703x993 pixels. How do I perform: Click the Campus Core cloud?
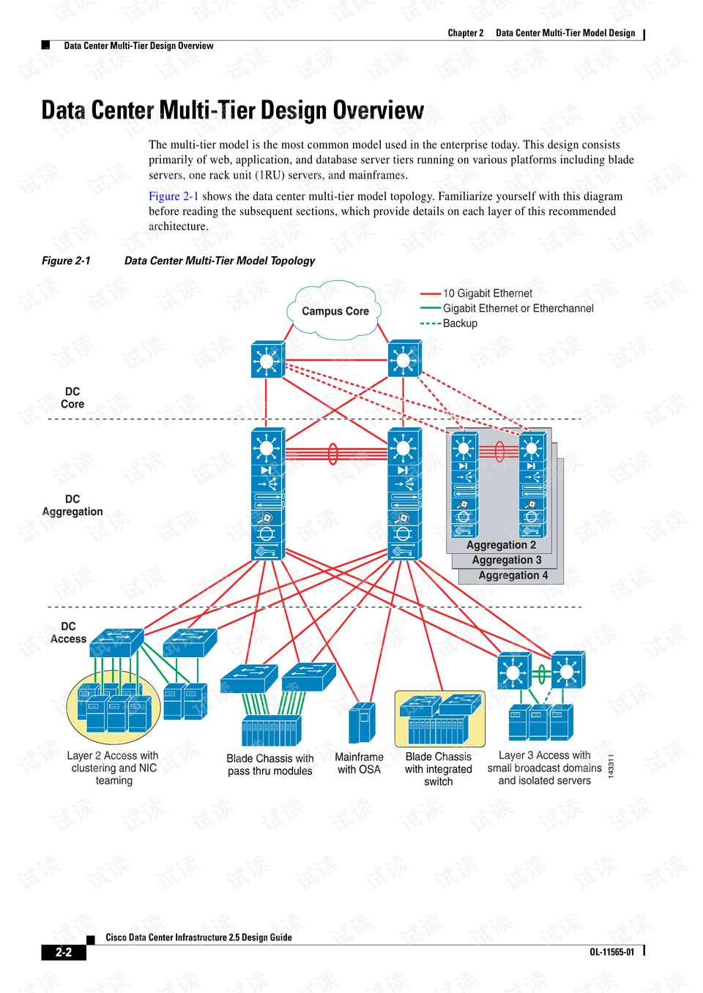click(x=335, y=310)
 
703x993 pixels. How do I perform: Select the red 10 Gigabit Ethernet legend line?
click(x=431, y=293)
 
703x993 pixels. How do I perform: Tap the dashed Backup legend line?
click(x=431, y=323)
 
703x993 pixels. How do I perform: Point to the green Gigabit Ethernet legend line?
click(x=431, y=309)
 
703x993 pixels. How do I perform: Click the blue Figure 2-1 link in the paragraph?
click(x=174, y=196)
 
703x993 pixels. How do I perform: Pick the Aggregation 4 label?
click(x=513, y=575)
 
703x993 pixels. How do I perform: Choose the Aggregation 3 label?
click(x=507, y=560)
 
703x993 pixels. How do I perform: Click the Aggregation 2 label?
click(x=501, y=545)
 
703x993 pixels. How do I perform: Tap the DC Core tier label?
click(x=72, y=397)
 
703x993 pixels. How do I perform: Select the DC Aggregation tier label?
click(x=72, y=506)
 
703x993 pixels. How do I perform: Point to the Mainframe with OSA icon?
click(x=362, y=723)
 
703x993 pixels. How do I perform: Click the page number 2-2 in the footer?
click(x=64, y=952)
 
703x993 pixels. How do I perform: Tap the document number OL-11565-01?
click(x=611, y=952)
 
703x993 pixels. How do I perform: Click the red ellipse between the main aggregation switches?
click(x=332, y=454)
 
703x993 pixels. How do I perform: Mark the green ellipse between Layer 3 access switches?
click(x=541, y=674)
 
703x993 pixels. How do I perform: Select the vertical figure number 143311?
click(x=611, y=765)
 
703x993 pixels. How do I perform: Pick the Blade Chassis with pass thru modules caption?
click(x=270, y=765)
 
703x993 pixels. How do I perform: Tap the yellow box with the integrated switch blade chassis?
click(x=439, y=719)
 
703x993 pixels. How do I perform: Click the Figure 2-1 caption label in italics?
click(x=66, y=261)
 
